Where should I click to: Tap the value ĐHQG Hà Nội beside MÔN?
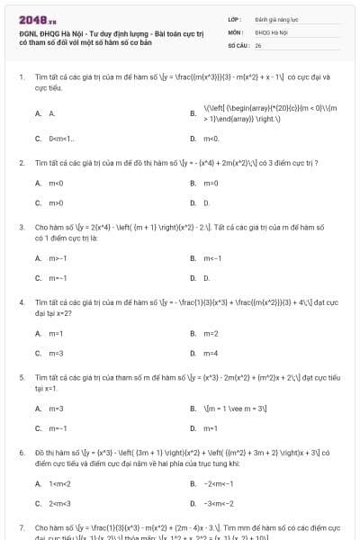pos(265,31)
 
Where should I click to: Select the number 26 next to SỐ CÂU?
pos(257,44)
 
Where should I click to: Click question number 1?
pos(22,77)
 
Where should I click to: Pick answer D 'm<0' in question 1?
pos(211,139)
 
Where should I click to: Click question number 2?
pos(22,163)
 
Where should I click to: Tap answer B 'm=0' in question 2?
pos(211,183)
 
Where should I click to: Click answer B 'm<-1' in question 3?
pos(212,258)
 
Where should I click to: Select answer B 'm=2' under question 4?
pos(211,333)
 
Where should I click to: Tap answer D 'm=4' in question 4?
pos(211,353)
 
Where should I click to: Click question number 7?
pos(22,527)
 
